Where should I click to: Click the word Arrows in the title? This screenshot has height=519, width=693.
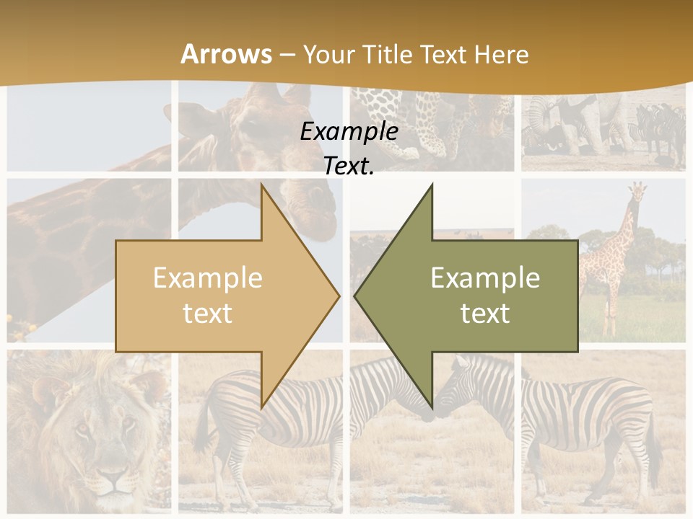226,54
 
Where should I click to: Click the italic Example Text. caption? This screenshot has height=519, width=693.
349,148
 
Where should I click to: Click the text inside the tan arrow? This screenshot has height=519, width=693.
208,296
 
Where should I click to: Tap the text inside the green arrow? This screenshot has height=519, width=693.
485,296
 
